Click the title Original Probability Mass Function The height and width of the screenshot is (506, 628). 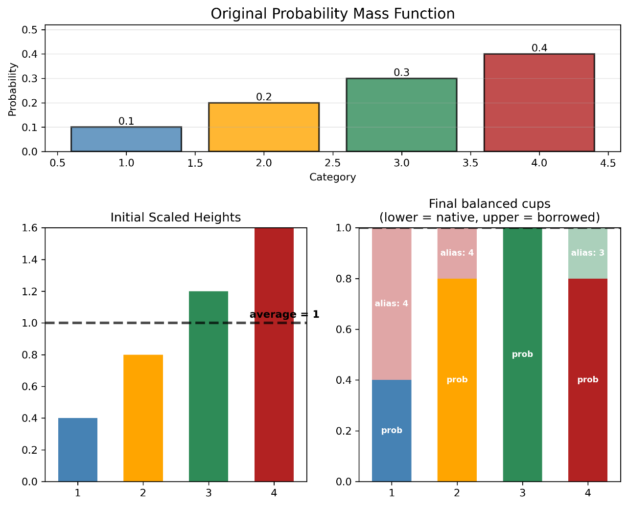click(332, 14)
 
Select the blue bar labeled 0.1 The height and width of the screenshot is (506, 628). click(126, 139)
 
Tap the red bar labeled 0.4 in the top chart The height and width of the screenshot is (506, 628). click(539, 103)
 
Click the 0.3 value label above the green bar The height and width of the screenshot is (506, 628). click(401, 73)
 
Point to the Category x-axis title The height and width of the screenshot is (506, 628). click(332, 177)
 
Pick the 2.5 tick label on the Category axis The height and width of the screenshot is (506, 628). click(332, 163)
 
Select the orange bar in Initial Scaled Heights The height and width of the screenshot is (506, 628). click(143, 418)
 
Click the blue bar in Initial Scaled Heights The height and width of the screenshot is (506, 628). click(77, 450)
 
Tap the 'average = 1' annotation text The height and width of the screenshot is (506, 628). click(284, 314)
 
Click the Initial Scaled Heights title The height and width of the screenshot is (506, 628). click(175, 217)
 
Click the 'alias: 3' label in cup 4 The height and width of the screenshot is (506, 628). click(587, 253)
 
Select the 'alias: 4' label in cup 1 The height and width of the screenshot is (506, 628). click(391, 304)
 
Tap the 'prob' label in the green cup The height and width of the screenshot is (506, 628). click(522, 354)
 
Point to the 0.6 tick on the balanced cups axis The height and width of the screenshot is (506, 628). click(344, 330)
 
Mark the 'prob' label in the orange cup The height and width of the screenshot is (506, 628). click(457, 379)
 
